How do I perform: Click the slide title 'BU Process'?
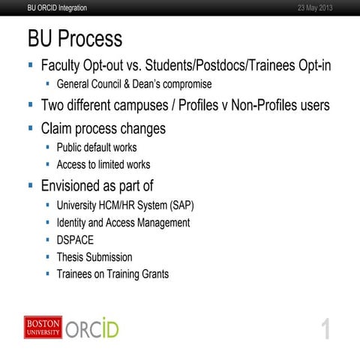[74, 39]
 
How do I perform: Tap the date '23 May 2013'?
[311, 7]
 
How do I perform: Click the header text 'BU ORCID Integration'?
[56, 7]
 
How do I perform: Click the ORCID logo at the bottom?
[92, 328]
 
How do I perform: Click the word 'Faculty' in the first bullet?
[64, 66]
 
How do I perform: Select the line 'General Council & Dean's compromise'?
[133, 84]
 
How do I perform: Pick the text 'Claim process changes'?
[103, 128]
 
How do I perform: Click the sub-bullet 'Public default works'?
[97, 148]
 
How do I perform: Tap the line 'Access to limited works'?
[103, 164]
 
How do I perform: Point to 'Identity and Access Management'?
[123, 223]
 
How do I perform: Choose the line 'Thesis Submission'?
[94, 257]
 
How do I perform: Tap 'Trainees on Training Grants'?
[112, 274]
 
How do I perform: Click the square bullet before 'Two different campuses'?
[31, 106]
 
